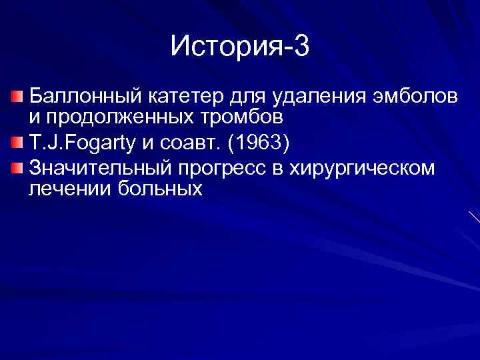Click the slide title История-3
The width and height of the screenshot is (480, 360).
[240, 46]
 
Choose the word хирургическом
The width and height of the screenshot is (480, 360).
[363, 169]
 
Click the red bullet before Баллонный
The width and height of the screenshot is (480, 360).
[18, 97]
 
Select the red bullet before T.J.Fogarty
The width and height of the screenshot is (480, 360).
[18, 143]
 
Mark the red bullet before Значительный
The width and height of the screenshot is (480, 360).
[18, 167]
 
